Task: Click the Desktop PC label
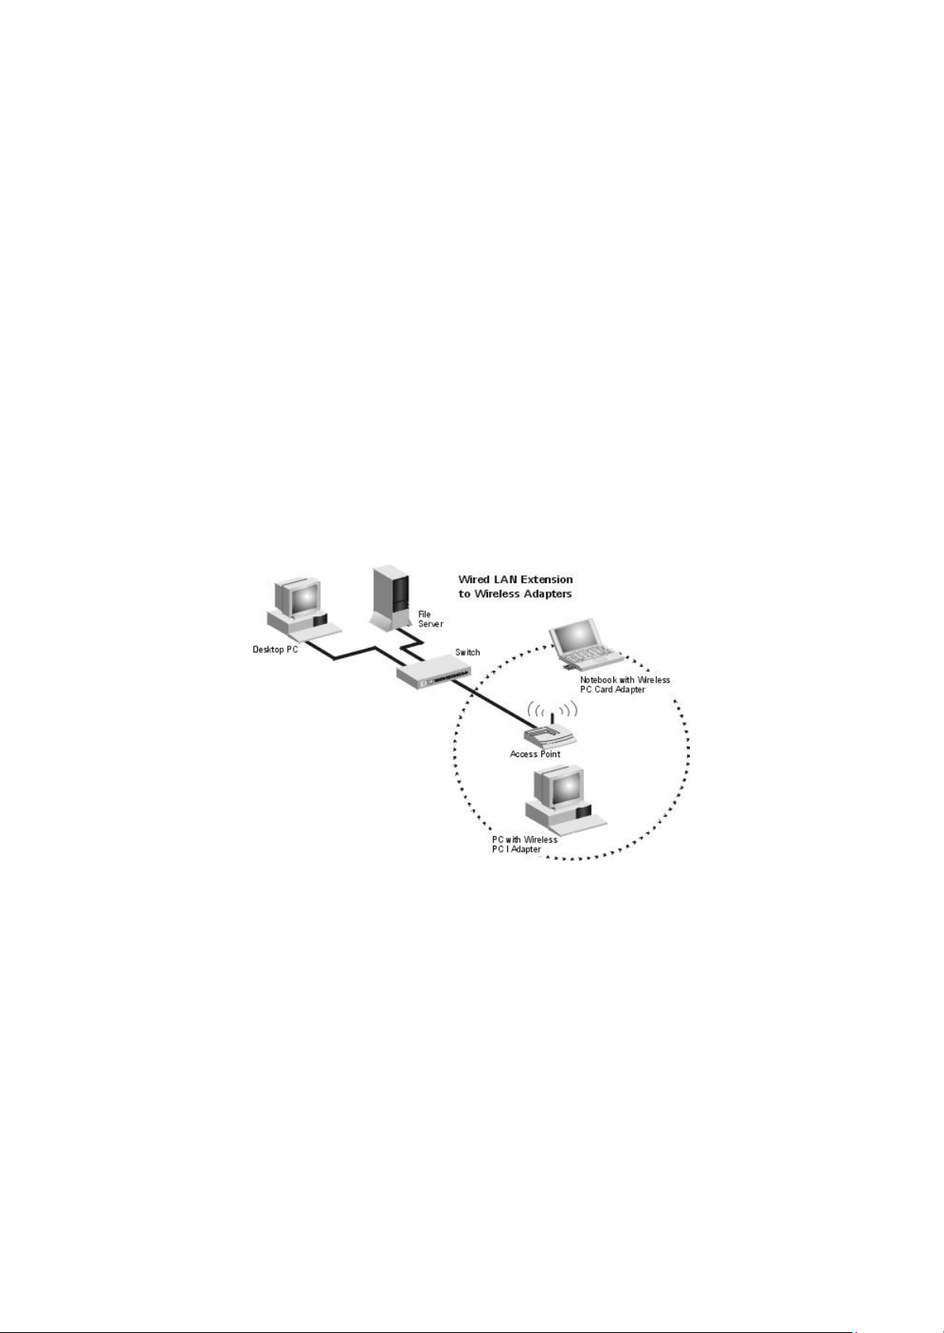click(x=275, y=650)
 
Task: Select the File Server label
click(x=430, y=619)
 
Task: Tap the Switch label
click(x=467, y=653)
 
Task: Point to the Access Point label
click(x=535, y=754)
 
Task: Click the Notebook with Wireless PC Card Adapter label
click(x=624, y=684)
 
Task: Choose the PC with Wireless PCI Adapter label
click(x=524, y=844)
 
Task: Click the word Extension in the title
click(x=544, y=580)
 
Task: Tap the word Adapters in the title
click(x=543, y=593)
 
